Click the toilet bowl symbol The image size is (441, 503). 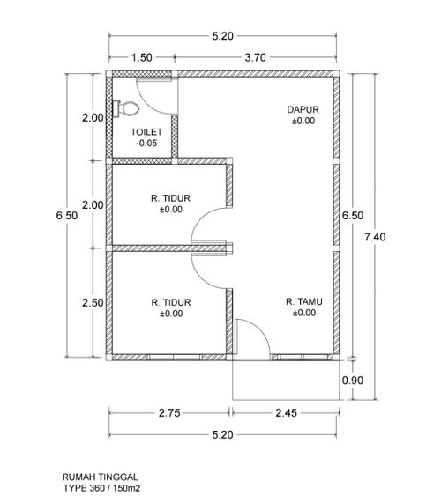(x=126, y=108)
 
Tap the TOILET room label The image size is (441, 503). (x=146, y=132)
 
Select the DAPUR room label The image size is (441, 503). (x=303, y=110)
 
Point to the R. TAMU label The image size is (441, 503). (x=304, y=301)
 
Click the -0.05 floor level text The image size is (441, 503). (x=146, y=143)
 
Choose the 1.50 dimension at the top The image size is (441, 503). (x=142, y=58)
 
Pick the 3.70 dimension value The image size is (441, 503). (x=256, y=58)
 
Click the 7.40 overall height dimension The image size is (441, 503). (x=375, y=237)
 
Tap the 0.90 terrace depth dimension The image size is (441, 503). (x=353, y=381)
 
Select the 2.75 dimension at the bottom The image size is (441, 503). (x=169, y=413)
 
